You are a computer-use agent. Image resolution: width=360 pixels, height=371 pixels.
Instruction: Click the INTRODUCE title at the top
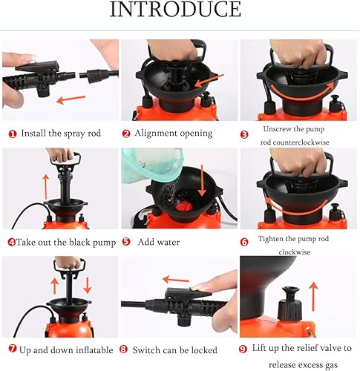click(175, 10)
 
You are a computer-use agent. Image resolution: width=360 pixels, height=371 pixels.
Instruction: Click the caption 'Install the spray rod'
click(62, 134)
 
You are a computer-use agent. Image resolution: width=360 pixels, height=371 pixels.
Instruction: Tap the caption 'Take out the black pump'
click(62, 242)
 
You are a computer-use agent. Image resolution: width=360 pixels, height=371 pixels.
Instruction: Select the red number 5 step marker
click(126, 242)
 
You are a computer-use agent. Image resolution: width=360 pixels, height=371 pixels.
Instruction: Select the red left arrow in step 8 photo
click(177, 280)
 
